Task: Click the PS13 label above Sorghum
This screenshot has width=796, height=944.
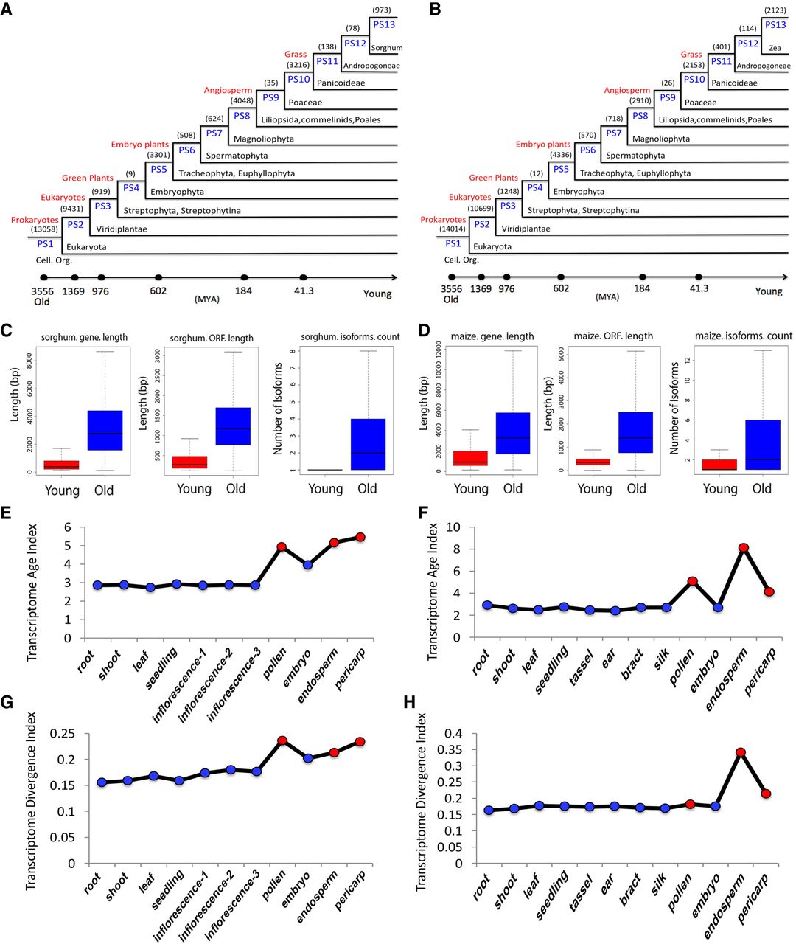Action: click(x=384, y=24)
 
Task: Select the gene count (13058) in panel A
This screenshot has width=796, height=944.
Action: click(x=44, y=229)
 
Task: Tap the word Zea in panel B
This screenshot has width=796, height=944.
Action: click(x=775, y=48)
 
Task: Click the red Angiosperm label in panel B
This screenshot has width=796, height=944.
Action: click(x=627, y=91)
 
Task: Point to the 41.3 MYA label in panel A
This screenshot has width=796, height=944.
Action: click(x=304, y=291)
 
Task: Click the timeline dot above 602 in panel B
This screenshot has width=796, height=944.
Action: click(x=561, y=277)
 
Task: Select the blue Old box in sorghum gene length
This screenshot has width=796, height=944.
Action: click(x=105, y=430)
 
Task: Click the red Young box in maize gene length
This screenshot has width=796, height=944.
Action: click(x=470, y=458)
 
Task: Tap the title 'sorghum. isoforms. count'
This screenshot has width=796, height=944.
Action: click(x=350, y=337)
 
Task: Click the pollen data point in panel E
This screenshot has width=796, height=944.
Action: click(x=282, y=546)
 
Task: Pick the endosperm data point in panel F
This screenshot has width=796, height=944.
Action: click(x=744, y=547)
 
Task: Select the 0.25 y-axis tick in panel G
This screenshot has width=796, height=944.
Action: click(x=62, y=734)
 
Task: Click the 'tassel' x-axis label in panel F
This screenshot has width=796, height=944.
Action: click(x=581, y=673)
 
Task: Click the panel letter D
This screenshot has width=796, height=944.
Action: click(x=424, y=331)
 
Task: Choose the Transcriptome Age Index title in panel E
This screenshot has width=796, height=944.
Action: click(x=32, y=592)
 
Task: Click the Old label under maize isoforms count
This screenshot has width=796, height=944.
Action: click(x=761, y=489)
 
